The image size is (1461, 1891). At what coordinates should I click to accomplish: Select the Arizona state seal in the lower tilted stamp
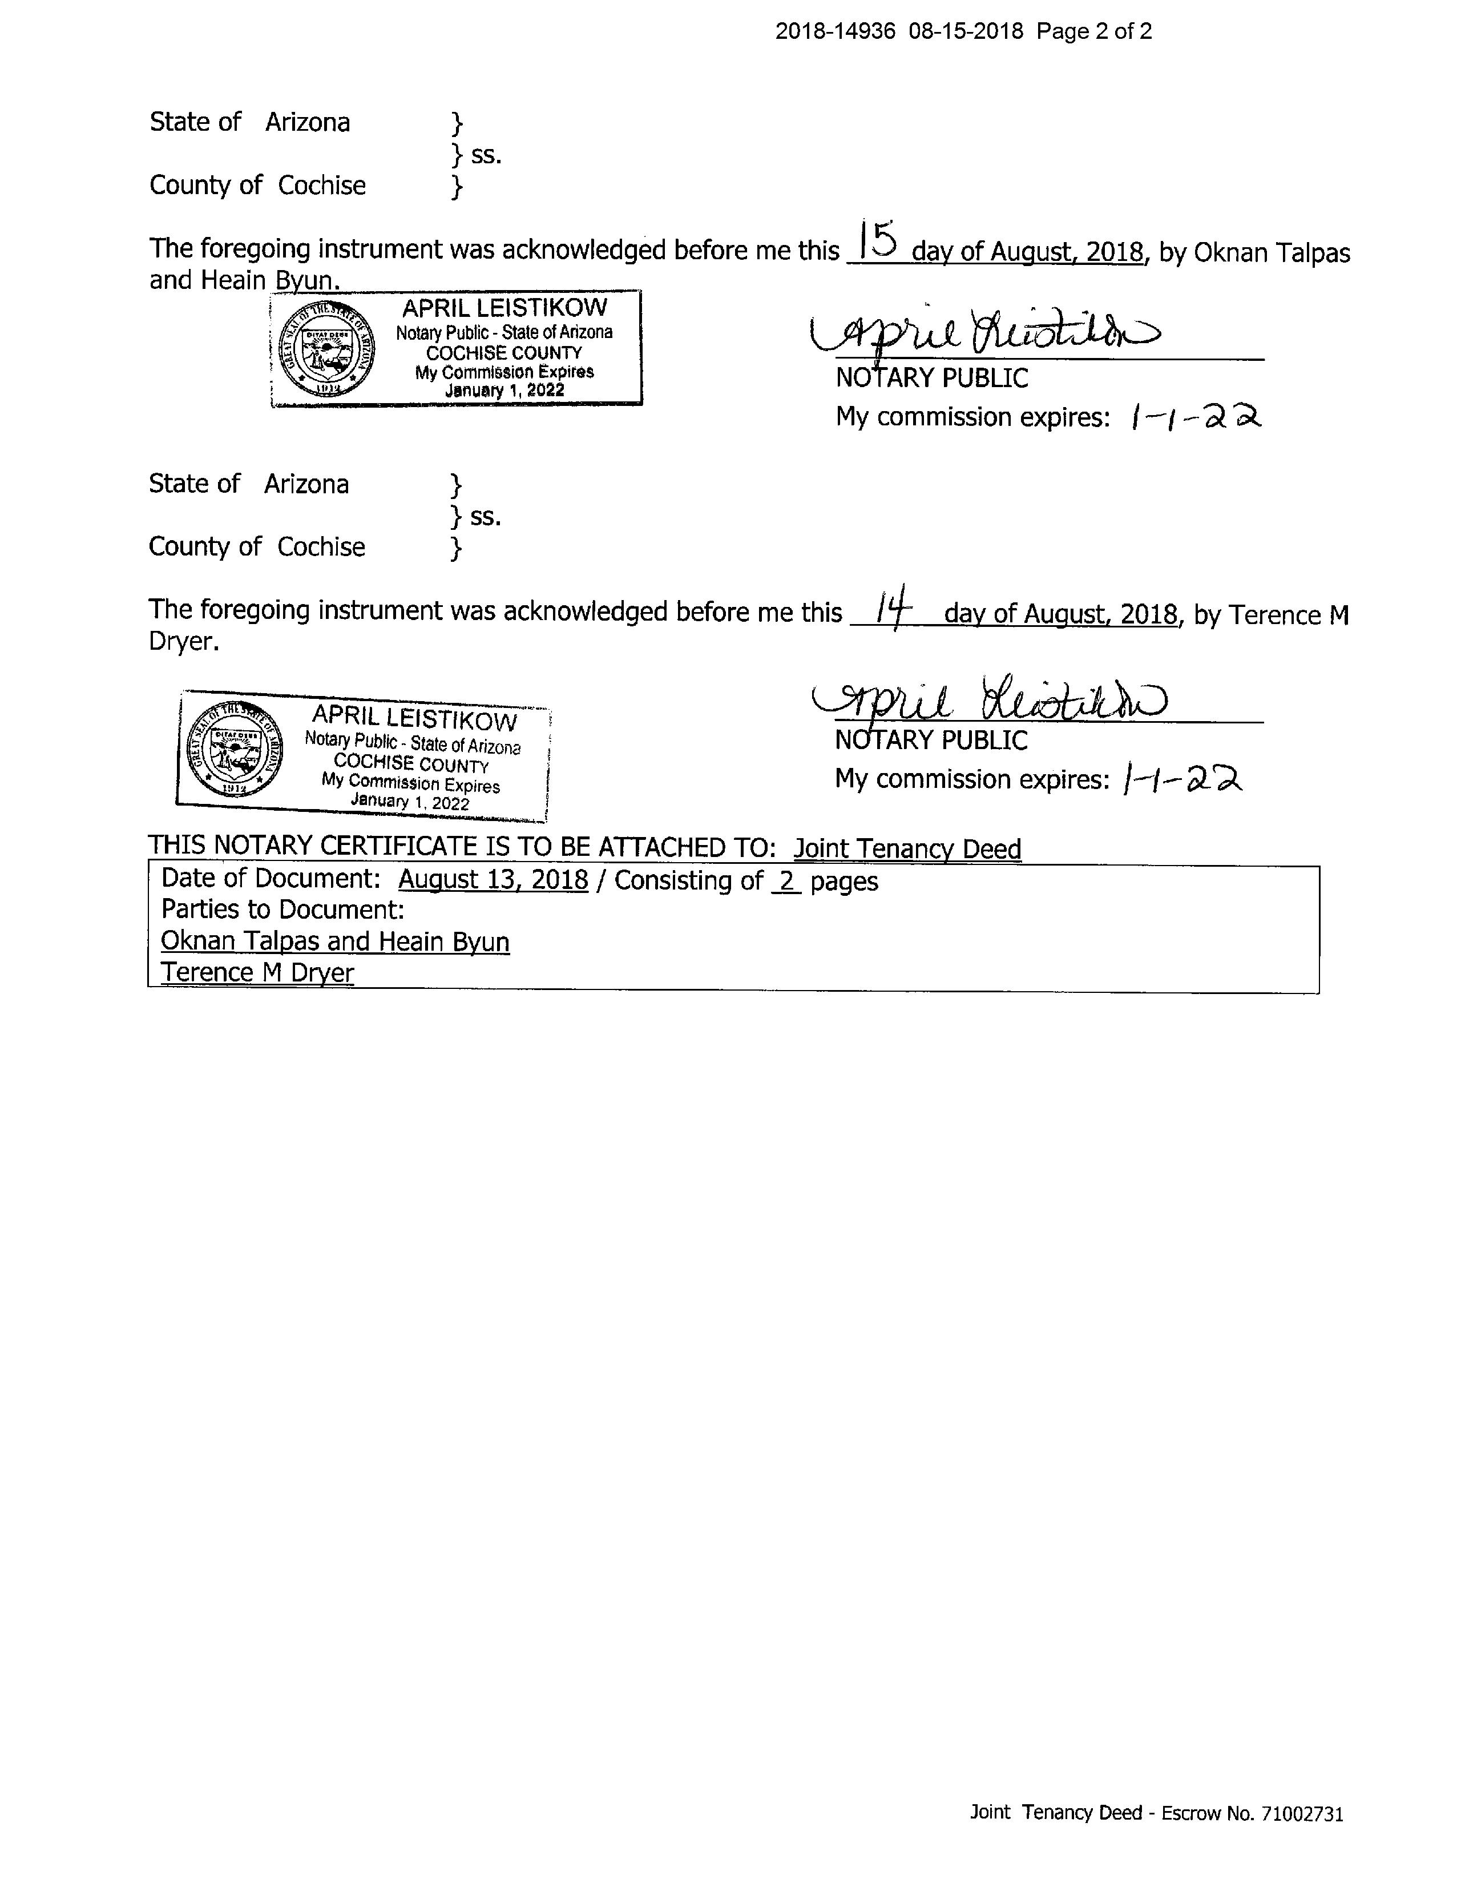click(x=233, y=748)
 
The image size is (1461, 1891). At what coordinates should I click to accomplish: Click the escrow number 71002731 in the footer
click(x=1302, y=1813)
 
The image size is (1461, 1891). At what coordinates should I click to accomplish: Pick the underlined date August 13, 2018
click(x=493, y=880)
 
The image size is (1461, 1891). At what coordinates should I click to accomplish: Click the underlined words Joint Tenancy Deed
click(x=907, y=848)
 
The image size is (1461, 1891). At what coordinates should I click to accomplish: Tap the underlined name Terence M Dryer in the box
click(x=257, y=972)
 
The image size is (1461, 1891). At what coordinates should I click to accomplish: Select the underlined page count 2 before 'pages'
click(x=786, y=880)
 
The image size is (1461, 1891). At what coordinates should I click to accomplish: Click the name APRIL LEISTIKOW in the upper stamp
click(x=505, y=307)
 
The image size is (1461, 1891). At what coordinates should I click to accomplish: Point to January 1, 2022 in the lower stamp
click(x=409, y=801)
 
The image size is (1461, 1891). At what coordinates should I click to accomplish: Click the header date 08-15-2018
click(x=966, y=32)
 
